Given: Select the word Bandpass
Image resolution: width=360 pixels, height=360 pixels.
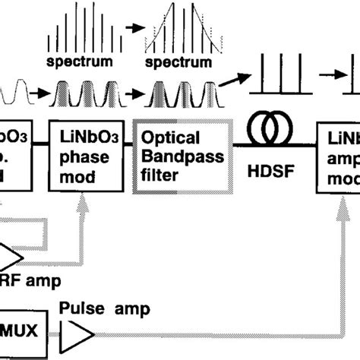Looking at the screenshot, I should click(x=174, y=156).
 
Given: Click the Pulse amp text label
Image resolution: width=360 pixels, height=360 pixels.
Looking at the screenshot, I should click(x=107, y=309).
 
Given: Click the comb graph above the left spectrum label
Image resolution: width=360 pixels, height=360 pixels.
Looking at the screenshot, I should click(x=79, y=29).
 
